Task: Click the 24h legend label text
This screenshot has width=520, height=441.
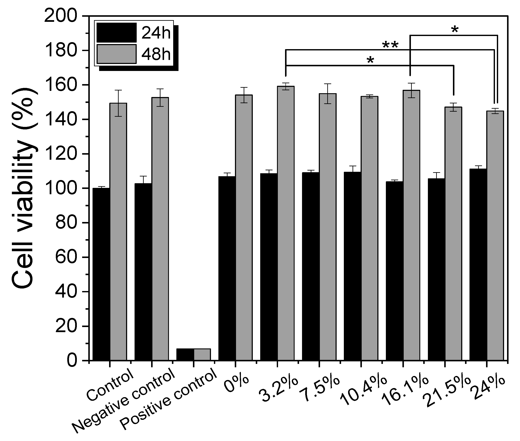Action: (156, 33)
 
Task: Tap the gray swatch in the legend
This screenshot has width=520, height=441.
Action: (117, 54)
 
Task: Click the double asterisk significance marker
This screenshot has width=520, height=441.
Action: (390, 46)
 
